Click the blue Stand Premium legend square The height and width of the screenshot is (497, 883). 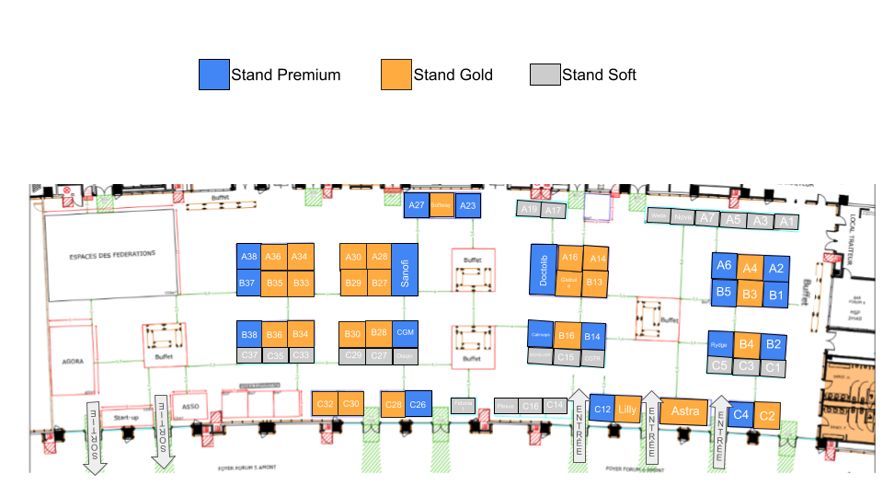214,75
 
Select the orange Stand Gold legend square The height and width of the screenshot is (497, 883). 396,75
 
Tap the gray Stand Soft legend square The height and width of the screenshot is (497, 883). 545,75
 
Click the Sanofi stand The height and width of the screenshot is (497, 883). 405,269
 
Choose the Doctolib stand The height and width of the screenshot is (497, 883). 544,270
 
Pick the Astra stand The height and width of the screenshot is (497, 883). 685,410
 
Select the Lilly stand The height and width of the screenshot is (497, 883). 627,410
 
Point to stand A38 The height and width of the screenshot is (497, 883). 248,257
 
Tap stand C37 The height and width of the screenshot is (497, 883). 248,355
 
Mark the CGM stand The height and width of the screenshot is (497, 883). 406,332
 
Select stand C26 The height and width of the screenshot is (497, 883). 419,404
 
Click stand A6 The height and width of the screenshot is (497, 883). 724,266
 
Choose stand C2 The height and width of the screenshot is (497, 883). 767,415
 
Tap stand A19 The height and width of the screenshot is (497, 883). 528,210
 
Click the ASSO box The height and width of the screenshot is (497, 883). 190,405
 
